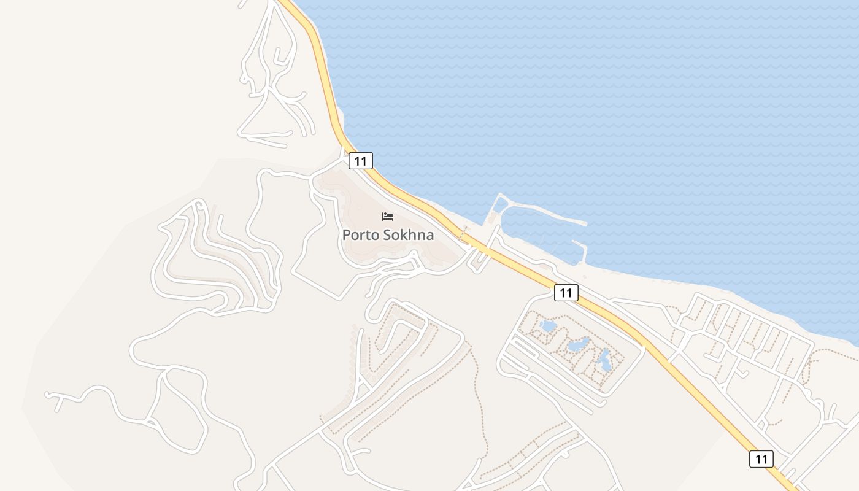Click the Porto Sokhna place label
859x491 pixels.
388,234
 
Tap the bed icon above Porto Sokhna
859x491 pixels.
388,216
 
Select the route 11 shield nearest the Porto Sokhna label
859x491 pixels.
360,161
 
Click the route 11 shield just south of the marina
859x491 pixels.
566,293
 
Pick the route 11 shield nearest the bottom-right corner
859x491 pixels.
761,458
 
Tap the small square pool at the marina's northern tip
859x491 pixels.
501,204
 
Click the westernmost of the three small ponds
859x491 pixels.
548,325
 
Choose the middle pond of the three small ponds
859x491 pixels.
578,345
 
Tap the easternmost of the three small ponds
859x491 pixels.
605,361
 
